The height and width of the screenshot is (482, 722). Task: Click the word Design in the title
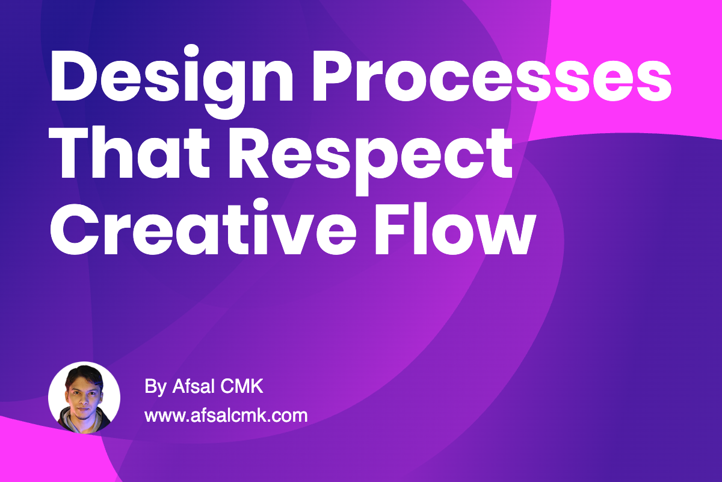point(171,81)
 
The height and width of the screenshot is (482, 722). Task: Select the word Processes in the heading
point(492,75)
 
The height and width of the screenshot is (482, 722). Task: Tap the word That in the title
point(129,152)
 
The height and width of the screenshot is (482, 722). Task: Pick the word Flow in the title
point(455,228)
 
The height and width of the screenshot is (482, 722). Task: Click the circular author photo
point(84,398)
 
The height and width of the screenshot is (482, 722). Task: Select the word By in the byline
point(156,386)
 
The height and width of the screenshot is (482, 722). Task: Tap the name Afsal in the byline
point(193,386)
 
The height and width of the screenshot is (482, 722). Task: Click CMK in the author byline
point(242,386)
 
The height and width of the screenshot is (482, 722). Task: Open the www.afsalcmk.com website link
point(226,415)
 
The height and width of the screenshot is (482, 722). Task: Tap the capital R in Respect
point(248,152)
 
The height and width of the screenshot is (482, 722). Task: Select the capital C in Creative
point(75,228)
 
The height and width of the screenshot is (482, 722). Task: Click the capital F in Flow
point(390,228)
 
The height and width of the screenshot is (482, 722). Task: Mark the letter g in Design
point(224,87)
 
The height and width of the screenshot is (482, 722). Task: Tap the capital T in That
point(69,152)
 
